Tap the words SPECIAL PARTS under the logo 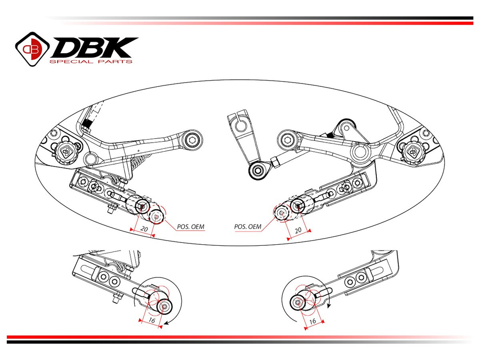(91, 62)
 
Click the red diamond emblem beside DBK (32, 48)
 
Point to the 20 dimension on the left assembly (143, 230)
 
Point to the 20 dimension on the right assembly (298, 230)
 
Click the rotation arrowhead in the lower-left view (166, 324)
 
